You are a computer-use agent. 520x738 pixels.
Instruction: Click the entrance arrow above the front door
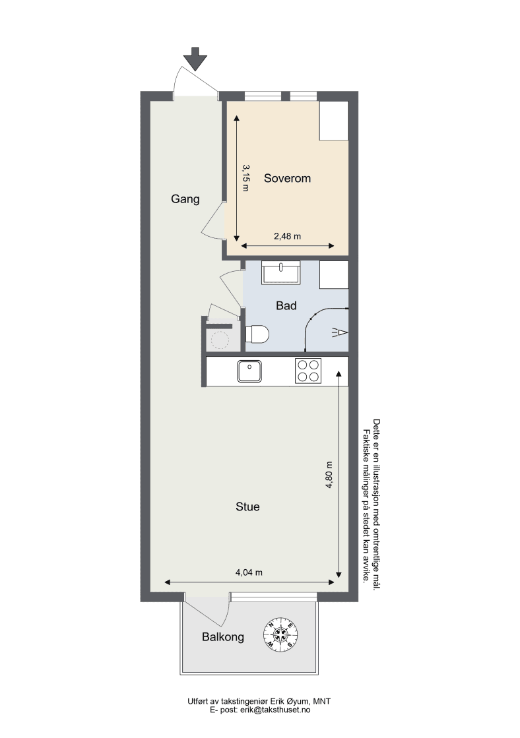pos(195,59)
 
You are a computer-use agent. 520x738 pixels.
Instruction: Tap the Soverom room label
pos(287,178)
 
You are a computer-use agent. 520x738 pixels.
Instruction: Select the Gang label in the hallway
pos(185,199)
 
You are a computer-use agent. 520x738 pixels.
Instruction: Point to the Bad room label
pos(286,306)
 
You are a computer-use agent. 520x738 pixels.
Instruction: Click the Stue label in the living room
pos(247,507)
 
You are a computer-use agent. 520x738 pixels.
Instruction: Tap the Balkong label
pos(223,637)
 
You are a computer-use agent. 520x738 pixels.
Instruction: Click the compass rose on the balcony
pos(280,634)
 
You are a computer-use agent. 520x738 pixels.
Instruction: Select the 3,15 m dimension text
pos(245,177)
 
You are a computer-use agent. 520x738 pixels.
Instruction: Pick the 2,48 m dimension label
pos(287,236)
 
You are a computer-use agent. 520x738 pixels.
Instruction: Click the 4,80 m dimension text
pos(329,474)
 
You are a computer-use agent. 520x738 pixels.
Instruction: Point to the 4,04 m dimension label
pos(249,573)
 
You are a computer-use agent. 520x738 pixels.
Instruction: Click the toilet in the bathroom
pos(257,334)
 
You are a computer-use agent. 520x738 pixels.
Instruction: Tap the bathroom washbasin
pos(281,272)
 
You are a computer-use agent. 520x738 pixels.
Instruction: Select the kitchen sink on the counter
pos(249,371)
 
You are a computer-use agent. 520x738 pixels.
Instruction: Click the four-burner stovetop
pos(308,371)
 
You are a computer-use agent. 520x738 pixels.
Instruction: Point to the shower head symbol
pos(340,333)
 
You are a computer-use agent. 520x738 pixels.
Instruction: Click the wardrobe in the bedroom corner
pos(334,121)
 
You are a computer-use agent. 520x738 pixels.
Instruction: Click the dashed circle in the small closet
pos(219,340)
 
